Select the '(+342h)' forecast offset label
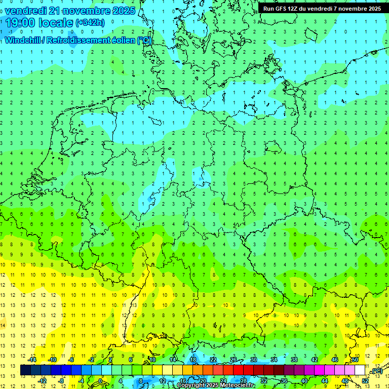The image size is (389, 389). [90, 23]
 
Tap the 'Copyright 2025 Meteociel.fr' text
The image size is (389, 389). [215, 385]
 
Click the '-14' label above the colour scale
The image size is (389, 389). [31, 360]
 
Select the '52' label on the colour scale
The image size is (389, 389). [365, 381]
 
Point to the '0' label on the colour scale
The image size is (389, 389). [100, 381]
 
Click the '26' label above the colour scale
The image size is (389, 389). [234, 360]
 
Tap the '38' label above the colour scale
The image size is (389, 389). [294, 360]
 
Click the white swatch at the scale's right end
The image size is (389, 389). [360, 370]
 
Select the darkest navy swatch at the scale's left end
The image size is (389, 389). [25, 370]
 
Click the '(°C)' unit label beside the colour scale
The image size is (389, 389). [376, 371]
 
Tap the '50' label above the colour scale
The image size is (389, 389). [355, 360]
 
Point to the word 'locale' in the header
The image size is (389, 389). [57, 23]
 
